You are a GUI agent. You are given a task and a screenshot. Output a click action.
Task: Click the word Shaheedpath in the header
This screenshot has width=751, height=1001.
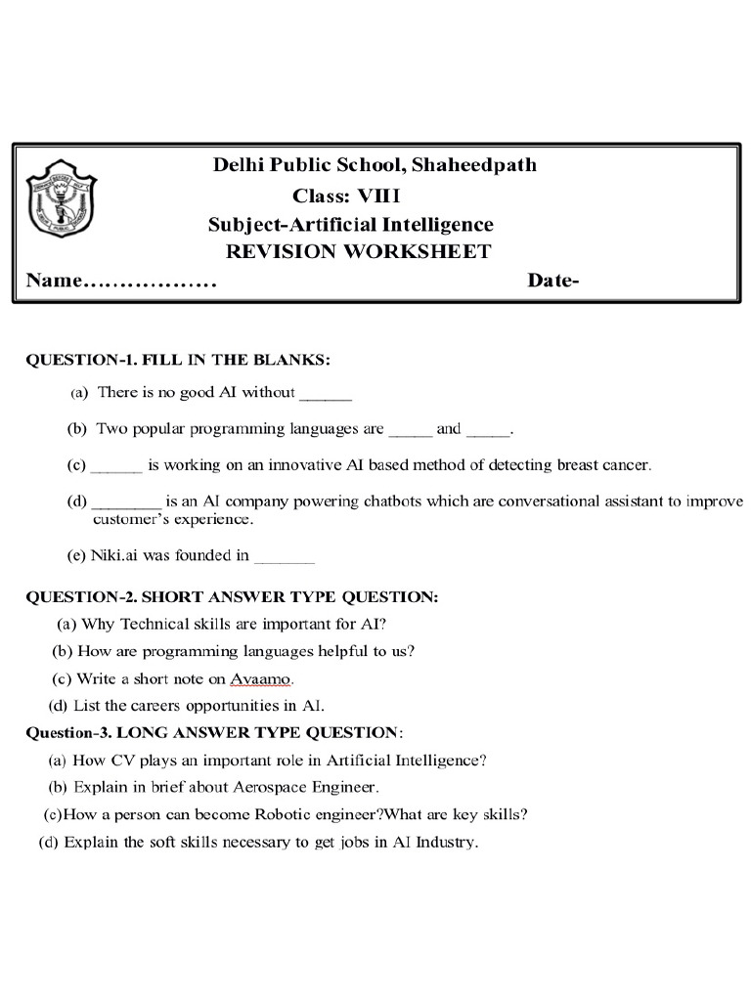pyautogui.click(x=474, y=165)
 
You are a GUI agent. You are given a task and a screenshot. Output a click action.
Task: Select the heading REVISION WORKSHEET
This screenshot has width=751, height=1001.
pyautogui.click(x=358, y=252)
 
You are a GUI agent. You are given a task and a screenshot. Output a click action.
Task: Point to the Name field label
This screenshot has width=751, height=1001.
pyautogui.click(x=54, y=282)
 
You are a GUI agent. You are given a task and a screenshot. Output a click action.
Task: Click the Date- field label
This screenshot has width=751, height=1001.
pyautogui.click(x=553, y=282)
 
